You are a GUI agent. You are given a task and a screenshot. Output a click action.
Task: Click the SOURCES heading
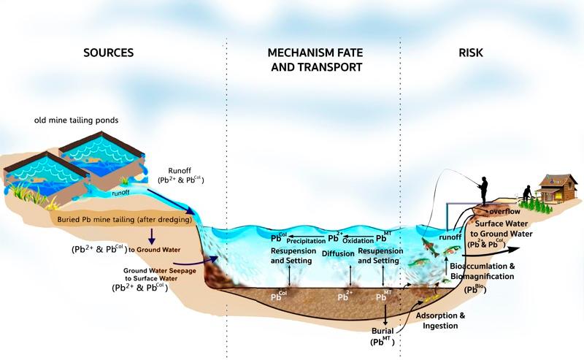pyautogui.click(x=109, y=53)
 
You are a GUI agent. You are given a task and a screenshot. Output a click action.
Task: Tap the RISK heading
pyautogui.click(x=470, y=53)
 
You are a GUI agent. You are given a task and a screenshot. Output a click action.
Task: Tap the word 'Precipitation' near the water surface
pyautogui.click(x=306, y=240)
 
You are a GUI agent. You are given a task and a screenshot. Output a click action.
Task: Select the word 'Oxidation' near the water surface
pyautogui.click(x=361, y=240)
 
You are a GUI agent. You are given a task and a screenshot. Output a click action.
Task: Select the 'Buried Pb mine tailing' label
pyautogui.click(x=123, y=219)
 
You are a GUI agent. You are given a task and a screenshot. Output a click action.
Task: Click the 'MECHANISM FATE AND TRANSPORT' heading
pyautogui.click(x=314, y=60)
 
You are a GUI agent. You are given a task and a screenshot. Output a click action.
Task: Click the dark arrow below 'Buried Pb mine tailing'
pyautogui.click(x=153, y=235)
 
